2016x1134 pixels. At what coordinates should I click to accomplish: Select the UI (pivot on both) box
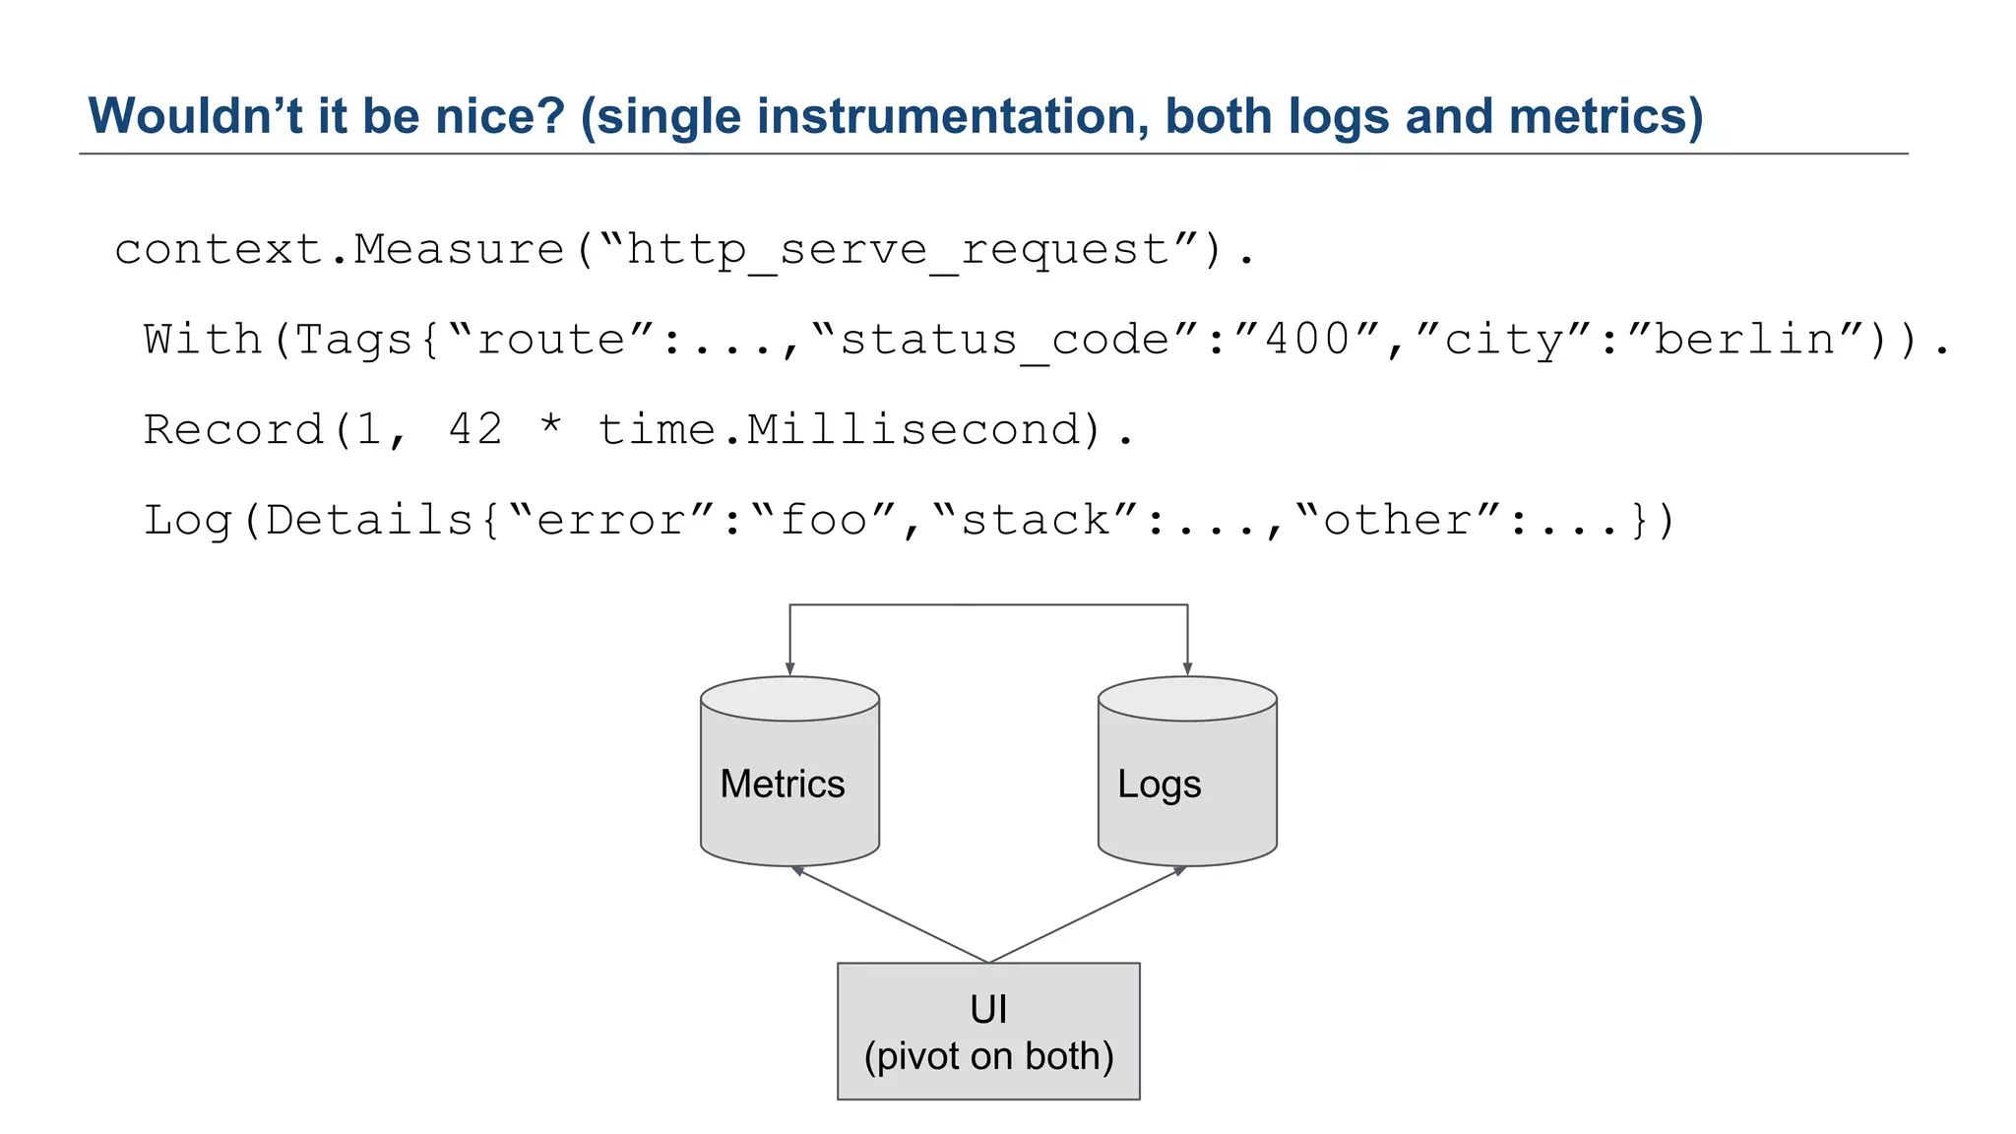[x=988, y=1030]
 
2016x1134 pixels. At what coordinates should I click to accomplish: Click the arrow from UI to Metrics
[x=891, y=914]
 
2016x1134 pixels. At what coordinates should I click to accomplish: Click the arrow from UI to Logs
[x=1088, y=914]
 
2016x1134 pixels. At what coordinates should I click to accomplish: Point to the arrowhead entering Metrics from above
[x=789, y=668]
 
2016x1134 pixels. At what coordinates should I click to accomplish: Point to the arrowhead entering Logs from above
[x=1187, y=668]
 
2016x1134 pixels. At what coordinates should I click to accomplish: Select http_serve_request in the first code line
[x=899, y=250]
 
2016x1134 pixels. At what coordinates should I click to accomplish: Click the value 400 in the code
[x=1307, y=341]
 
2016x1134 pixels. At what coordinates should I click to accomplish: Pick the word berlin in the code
[x=1744, y=341]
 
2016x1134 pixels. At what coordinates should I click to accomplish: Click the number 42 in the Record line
[x=474, y=430]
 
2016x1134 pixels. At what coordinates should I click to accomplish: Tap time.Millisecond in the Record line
[x=838, y=430]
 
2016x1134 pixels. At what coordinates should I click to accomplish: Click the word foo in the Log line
[x=823, y=521]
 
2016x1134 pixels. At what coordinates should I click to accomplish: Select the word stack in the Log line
[x=1035, y=521]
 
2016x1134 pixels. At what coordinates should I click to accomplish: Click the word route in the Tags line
[x=551, y=341]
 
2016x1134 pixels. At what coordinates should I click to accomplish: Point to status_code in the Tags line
[x=1004, y=341]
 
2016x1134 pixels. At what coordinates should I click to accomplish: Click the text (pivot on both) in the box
[x=988, y=1056]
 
